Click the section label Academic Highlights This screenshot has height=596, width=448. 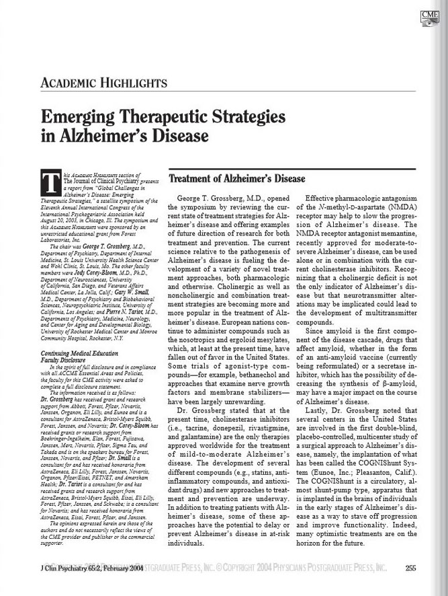click(104, 84)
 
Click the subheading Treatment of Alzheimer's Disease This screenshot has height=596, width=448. click(236, 180)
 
